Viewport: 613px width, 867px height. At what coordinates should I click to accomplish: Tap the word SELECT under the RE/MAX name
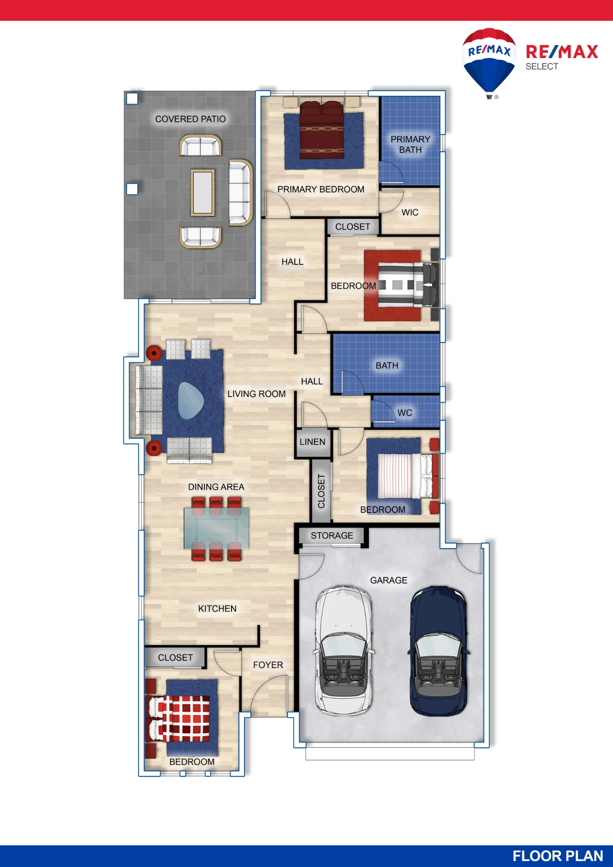coord(542,66)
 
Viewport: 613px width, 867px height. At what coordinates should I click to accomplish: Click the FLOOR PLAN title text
coord(558,856)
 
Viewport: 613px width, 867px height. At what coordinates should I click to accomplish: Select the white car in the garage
coord(344,650)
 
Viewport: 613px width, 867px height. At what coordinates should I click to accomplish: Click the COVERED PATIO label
coord(190,119)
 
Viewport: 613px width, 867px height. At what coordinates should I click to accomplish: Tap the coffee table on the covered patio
coord(202,192)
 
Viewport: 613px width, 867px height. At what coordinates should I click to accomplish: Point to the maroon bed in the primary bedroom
coord(322,129)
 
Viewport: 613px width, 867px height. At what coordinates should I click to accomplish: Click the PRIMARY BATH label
coord(410,144)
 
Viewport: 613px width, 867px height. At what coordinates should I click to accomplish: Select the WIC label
coord(410,212)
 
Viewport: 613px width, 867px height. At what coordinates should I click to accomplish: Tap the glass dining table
coord(216,528)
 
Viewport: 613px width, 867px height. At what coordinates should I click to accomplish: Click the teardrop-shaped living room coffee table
coord(190,401)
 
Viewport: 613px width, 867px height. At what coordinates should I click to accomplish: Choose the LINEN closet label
coord(312,442)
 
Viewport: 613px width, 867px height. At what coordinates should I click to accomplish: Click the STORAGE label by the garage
coord(332,535)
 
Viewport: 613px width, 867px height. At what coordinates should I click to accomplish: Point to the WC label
coord(404,413)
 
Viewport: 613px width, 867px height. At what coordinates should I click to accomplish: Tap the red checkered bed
coord(180,718)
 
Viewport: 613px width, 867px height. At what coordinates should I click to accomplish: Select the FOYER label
coord(268,665)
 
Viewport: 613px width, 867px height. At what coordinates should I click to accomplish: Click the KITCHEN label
coord(217,609)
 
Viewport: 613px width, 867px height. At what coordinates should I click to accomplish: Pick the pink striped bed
coord(405,476)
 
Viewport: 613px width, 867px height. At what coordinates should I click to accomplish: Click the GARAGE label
coord(388,580)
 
